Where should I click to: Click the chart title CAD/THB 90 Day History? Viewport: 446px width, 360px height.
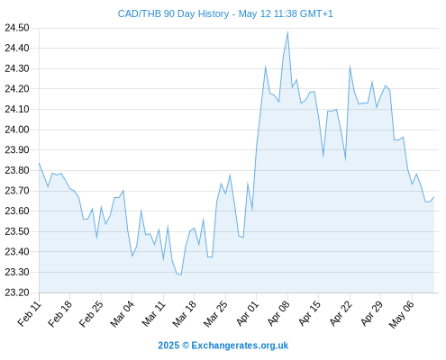(173, 13)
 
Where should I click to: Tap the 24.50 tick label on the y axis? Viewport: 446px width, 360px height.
(17, 28)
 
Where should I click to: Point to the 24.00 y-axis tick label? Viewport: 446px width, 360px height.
(17, 130)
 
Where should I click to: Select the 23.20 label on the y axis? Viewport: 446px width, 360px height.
(17, 292)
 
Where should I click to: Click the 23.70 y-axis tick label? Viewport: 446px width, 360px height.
(17, 191)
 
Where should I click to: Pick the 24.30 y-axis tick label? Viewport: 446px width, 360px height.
(17, 68)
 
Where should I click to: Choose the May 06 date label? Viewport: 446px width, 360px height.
(401, 314)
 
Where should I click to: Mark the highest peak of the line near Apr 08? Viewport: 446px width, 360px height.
(287, 31)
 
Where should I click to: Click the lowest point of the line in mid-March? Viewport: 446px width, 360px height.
(181, 274)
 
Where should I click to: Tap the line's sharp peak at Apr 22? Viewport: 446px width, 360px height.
(350, 67)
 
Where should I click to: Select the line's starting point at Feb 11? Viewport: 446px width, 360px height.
(39, 163)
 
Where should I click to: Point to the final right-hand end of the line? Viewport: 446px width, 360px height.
(434, 197)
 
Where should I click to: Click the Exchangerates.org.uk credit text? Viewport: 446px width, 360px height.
(240, 346)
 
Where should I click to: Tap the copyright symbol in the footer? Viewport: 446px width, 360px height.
(186, 346)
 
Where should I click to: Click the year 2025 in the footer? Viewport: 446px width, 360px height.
(168, 346)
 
